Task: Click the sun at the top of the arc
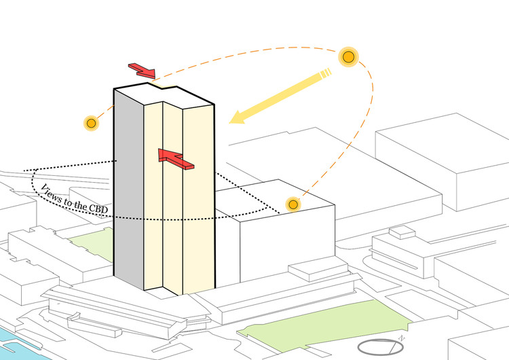[348, 57]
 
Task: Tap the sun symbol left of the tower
[91, 123]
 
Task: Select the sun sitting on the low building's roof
[293, 204]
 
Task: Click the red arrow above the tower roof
[142, 71]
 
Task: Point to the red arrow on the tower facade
[176, 159]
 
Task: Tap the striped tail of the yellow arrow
[326, 73]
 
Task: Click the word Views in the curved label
[52, 193]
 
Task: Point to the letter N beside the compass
[401, 338]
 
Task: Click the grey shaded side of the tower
[129, 188]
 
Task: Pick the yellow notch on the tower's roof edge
[162, 86]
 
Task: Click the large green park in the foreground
[324, 325]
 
